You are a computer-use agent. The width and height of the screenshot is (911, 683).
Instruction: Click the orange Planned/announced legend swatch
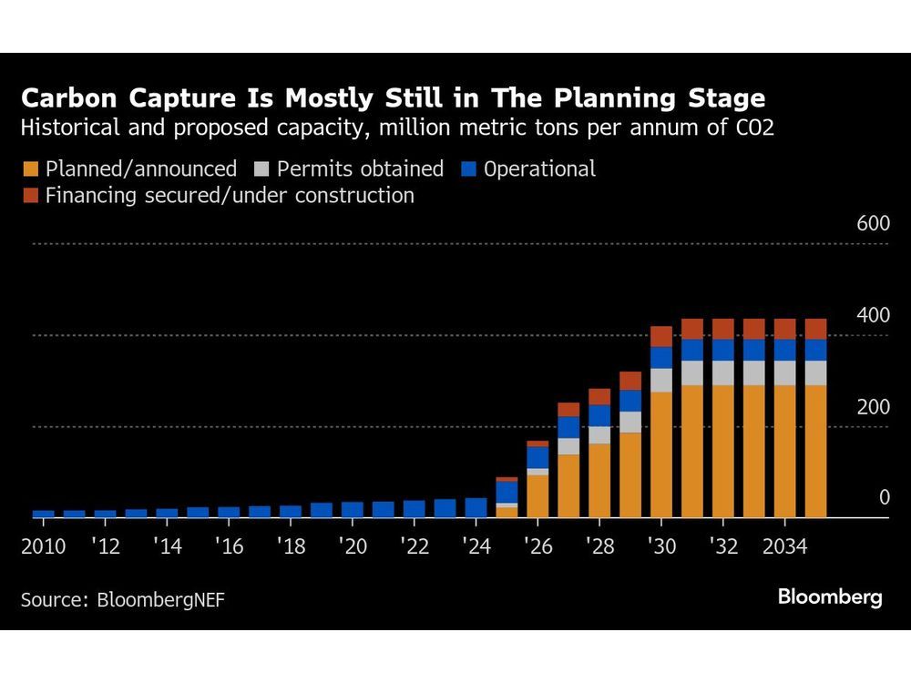click(x=32, y=169)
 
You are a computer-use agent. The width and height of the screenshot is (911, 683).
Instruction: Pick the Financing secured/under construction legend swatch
click(x=32, y=196)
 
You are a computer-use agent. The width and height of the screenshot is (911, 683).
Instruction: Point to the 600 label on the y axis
click(x=873, y=224)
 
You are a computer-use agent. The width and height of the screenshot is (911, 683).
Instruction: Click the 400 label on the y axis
click(x=873, y=316)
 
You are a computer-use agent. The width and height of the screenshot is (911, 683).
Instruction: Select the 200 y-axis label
click(x=873, y=407)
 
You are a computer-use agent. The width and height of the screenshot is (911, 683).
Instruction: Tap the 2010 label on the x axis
click(x=43, y=546)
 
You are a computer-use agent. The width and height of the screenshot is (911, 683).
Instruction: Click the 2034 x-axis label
click(x=783, y=546)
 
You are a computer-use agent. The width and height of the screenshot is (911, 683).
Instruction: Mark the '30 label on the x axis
click(x=660, y=546)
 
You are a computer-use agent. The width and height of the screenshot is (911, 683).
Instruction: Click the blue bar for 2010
click(x=43, y=514)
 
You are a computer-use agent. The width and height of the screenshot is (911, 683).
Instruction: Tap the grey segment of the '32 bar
click(x=723, y=372)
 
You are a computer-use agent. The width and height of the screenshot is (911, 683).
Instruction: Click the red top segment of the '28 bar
click(x=599, y=396)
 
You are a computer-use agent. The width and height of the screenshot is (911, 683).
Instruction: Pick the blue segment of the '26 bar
click(x=537, y=456)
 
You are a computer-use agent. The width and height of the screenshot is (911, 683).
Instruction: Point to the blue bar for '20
click(x=353, y=509)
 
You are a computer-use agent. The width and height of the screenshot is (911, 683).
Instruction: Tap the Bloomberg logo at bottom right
click(x=829, y=598)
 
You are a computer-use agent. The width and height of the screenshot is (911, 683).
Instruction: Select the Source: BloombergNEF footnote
click(x=123, y=599)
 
